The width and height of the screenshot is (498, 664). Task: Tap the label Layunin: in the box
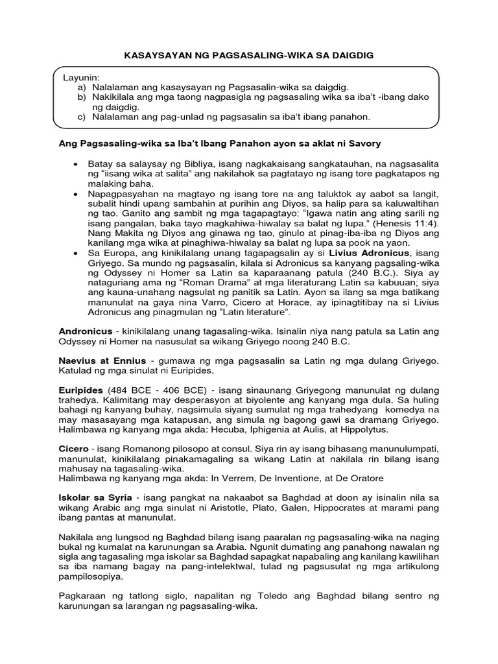coord(79,77)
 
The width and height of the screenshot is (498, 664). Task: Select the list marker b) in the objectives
coord(82,96)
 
